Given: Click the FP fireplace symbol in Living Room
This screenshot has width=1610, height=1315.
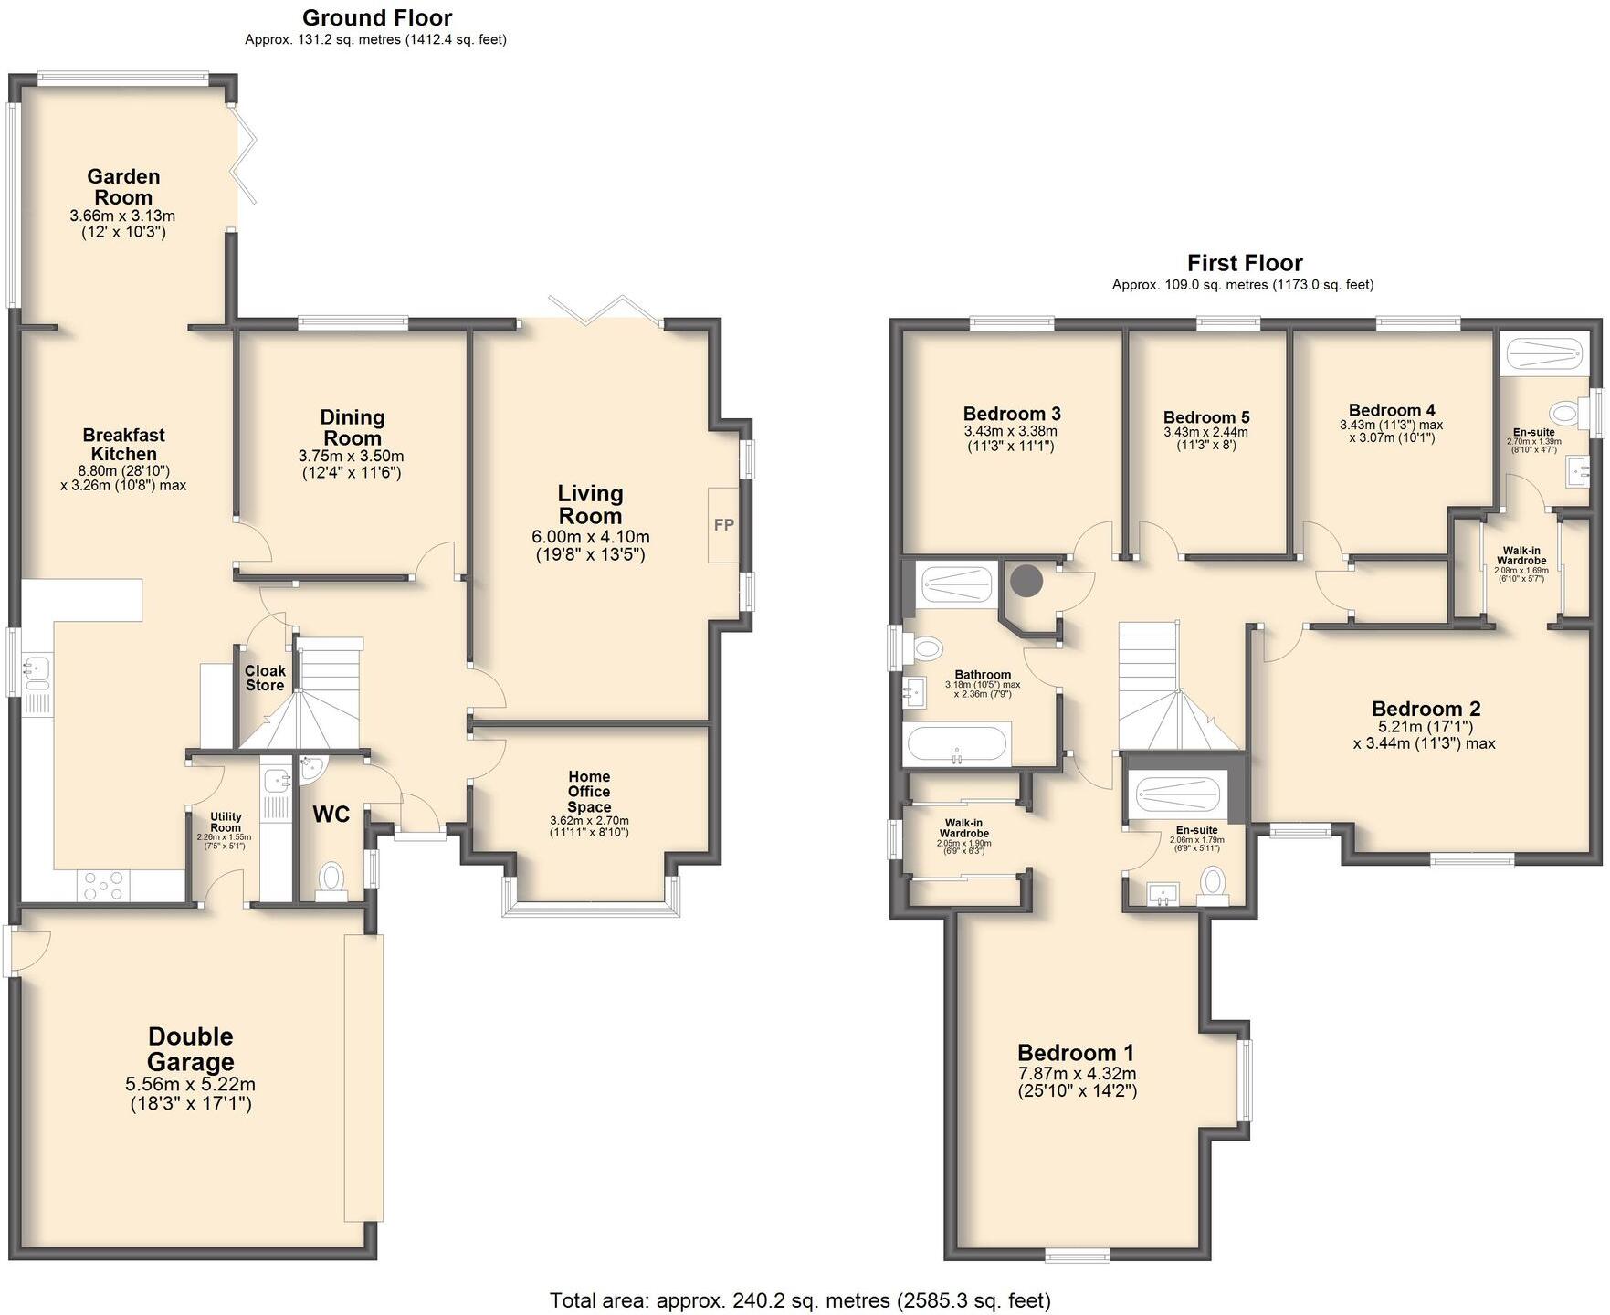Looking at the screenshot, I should point(723,525).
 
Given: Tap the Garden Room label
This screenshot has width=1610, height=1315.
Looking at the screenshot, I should point(123,187).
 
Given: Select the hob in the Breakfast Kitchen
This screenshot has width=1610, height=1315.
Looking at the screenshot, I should point(105,883).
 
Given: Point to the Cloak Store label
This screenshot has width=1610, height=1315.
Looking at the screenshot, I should point(265,678).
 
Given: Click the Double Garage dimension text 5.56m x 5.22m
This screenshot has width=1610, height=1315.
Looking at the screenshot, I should point(190,1085).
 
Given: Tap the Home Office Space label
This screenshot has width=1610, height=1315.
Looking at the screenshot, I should point(589,792).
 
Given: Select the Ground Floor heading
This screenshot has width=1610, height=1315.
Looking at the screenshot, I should point(376,17).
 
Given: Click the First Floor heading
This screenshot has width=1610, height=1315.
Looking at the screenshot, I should point(1244,263).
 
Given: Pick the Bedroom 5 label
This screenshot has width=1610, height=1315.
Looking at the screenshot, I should point(1205,416).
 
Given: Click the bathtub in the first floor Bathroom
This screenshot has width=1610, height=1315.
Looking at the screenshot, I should point(956,744).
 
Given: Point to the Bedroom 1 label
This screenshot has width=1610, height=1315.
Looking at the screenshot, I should point(1076,1052).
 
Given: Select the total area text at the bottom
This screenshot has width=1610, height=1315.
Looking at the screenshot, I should point(799,1299).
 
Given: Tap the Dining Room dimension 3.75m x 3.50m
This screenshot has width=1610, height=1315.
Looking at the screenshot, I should point(351,457).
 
